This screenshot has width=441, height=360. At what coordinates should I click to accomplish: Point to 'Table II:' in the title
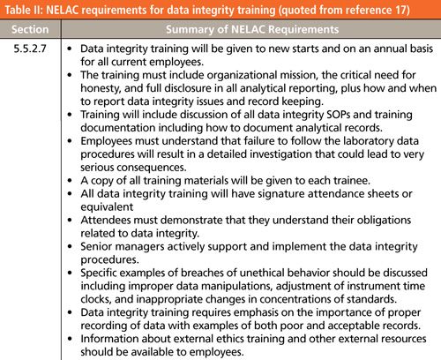point(26,10)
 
